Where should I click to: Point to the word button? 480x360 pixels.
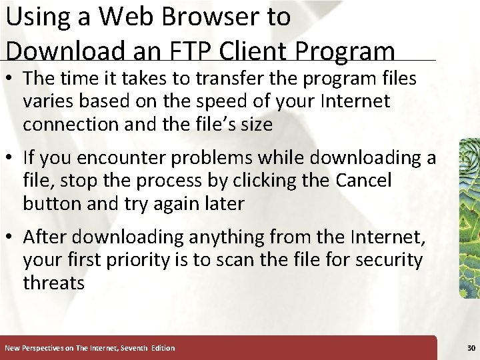coord(53,203)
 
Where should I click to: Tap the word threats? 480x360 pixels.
coord(54,282)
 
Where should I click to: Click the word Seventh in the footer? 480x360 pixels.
coord(131,348)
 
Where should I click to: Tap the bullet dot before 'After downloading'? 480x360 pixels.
coord(11,237)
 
